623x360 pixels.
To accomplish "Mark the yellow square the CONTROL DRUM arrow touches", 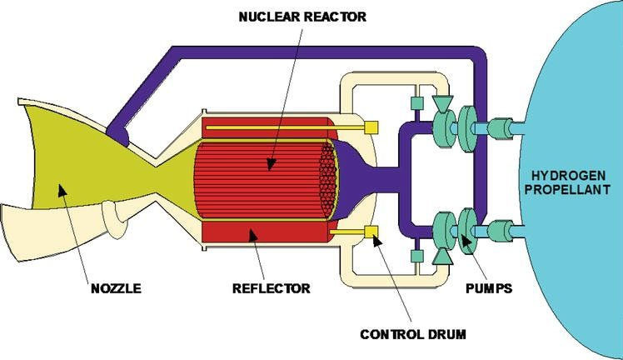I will click(x=372, y=230).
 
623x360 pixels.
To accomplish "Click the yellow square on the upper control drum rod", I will click(x=372, y=127).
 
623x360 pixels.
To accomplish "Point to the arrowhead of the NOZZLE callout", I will click(x=59, y=190).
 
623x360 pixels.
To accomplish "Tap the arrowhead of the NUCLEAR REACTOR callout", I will click(x=268, y=167).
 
